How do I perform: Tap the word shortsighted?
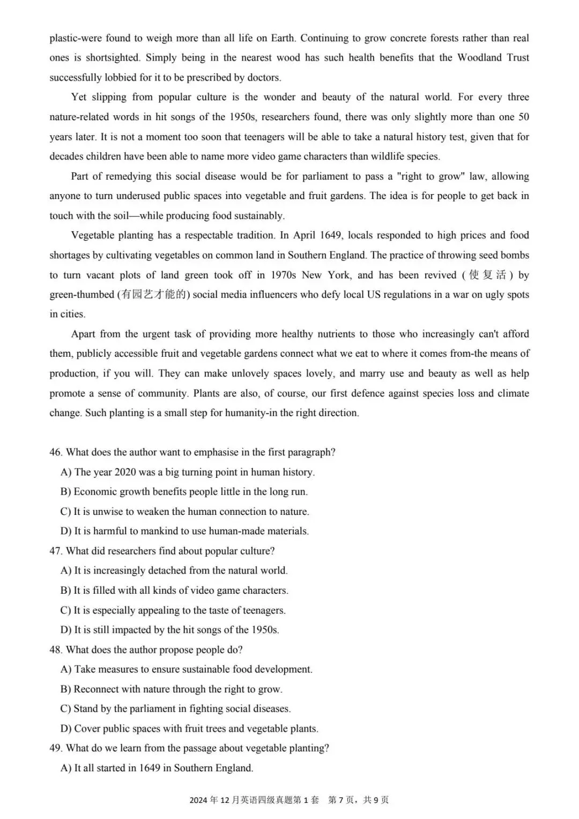[113, 57]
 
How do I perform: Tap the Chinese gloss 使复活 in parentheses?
[487, 275]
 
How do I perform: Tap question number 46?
[56, 452]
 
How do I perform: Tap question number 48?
[56, 650]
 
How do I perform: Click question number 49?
[56, 748]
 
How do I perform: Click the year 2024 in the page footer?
[198, 800]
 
